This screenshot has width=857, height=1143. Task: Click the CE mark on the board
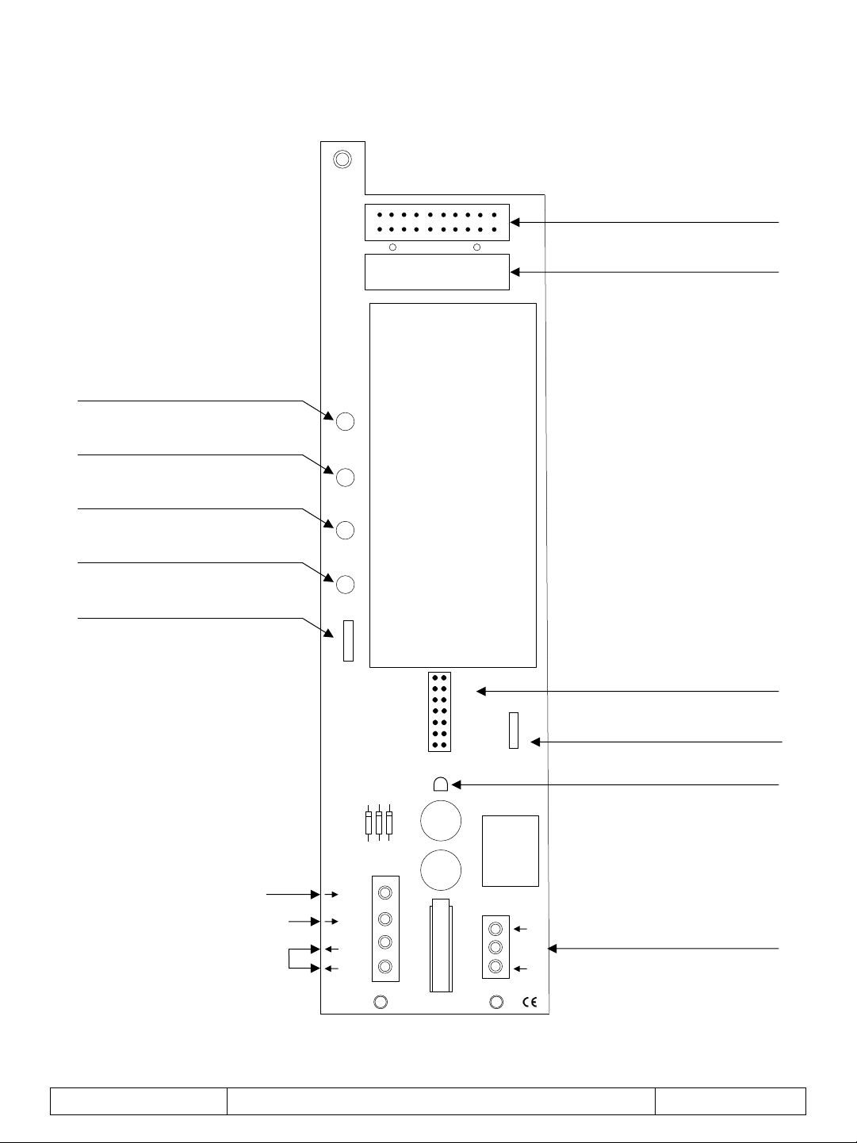[530, 1002]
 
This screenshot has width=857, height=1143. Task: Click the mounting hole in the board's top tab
[342, 159]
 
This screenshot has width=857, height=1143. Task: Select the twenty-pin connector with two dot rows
[437, 222]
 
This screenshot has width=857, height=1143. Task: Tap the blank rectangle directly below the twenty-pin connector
[437, 272]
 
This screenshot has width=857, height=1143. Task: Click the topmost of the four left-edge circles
[345, 421]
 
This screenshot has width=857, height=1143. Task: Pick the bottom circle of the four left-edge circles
[345, 585]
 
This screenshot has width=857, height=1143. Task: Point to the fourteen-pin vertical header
[440, 711]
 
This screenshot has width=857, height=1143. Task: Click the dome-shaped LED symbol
[441, 784]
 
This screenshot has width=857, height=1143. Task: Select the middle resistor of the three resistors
[379, 823]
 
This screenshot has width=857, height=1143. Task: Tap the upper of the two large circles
[441, 821]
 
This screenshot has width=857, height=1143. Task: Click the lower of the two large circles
[441, 870]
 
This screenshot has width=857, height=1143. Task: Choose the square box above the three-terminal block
[511, 851]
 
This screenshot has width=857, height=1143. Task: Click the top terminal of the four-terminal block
[385, 893]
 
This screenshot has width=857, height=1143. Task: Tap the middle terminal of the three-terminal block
[495, 947]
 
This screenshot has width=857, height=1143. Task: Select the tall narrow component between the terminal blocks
[442, 945]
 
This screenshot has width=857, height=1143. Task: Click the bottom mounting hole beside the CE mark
[496, 1002]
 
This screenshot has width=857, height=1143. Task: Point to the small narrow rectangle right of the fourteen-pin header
[514, 731]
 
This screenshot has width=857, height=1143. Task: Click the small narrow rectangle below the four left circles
[349, 640]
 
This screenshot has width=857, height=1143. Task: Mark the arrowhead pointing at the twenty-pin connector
[515, 222]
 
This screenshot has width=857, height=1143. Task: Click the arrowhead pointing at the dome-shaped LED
[457, 784]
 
